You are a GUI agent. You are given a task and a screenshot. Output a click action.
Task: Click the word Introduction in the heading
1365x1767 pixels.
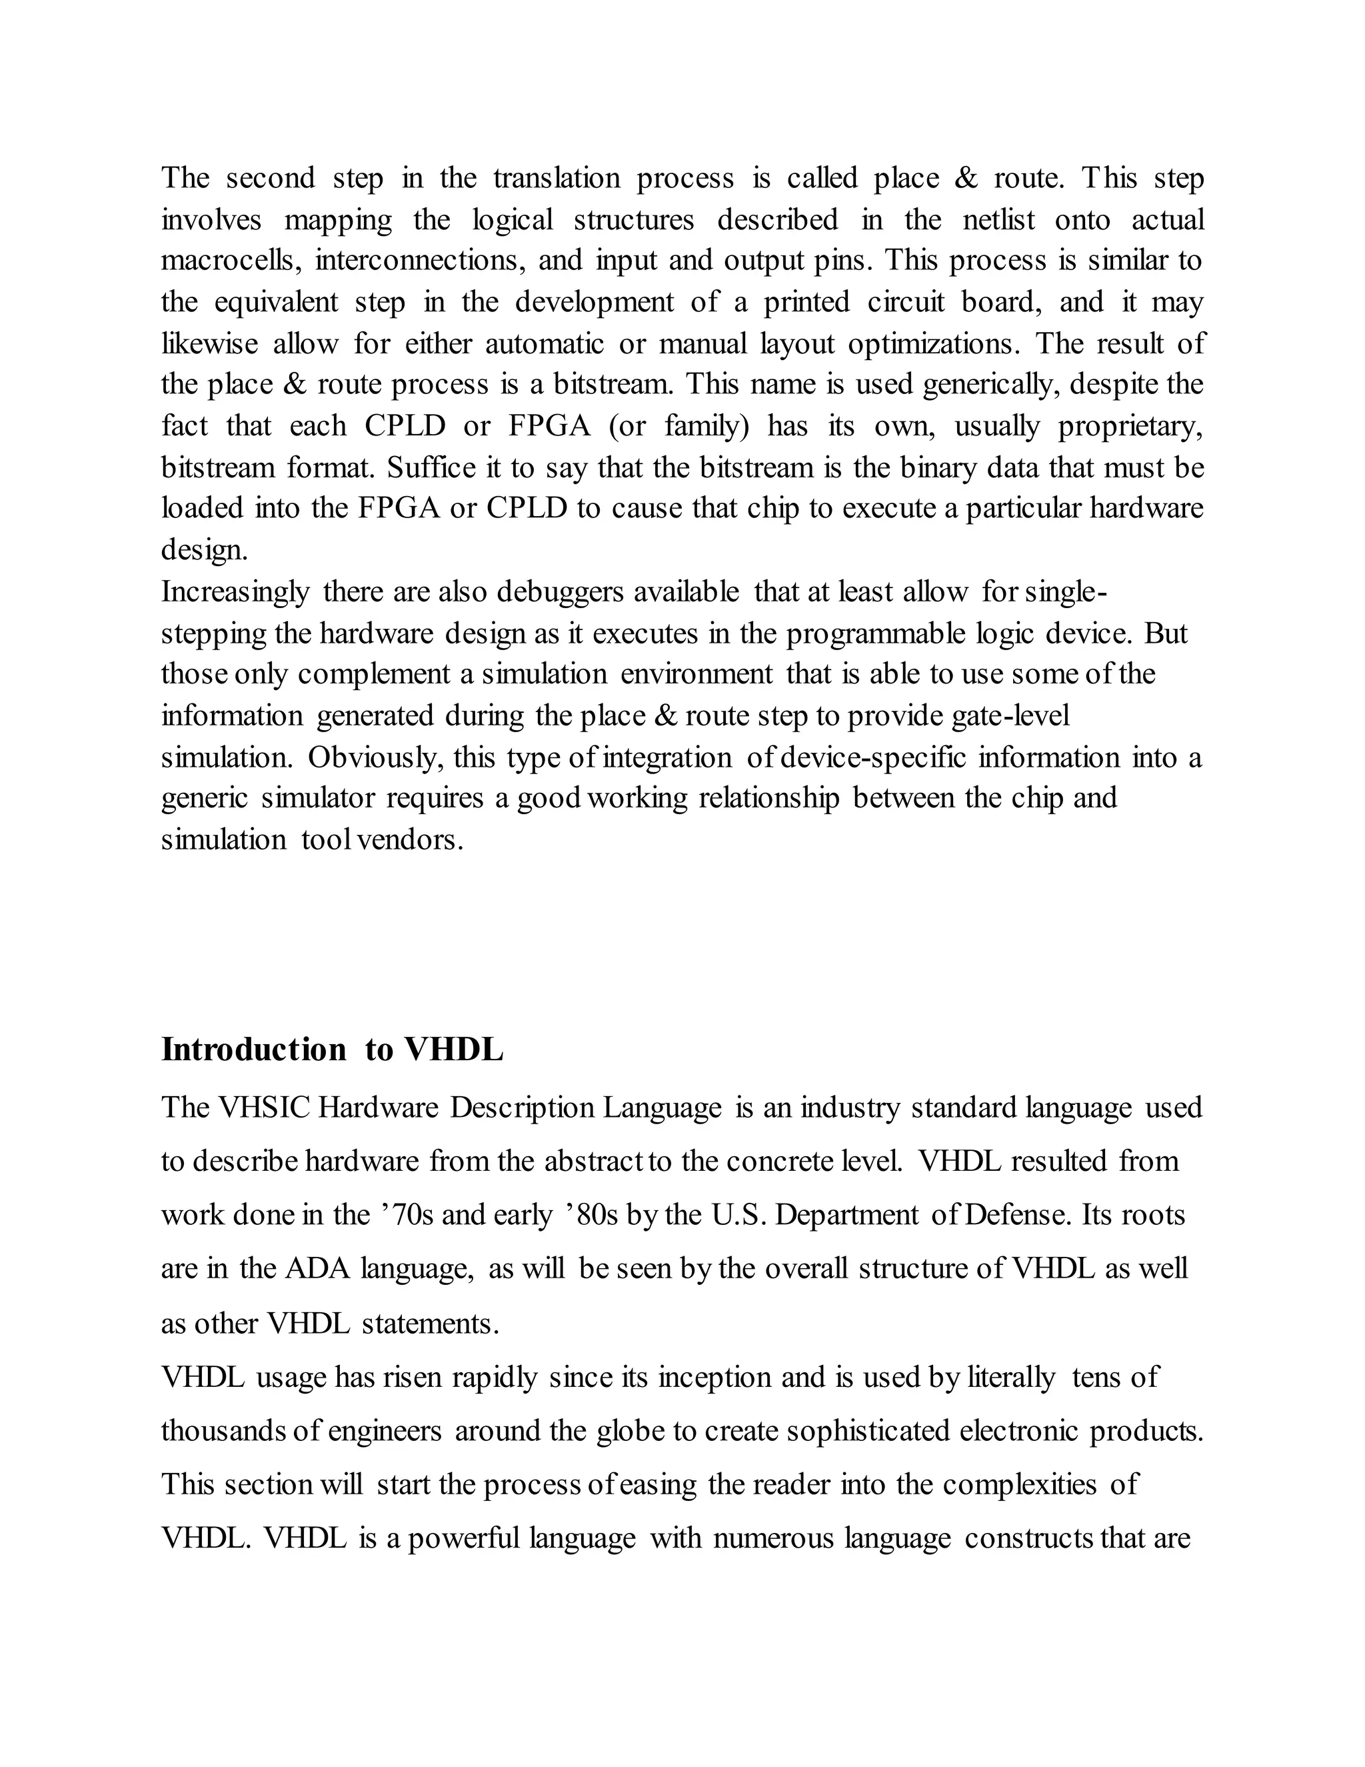coord(253,1050)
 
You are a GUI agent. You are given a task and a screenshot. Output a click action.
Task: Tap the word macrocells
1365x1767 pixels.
coord(229,261)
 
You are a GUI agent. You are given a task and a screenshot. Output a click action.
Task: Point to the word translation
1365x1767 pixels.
coord(557,178)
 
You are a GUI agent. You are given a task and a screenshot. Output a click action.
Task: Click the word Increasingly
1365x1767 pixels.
coord(235,591)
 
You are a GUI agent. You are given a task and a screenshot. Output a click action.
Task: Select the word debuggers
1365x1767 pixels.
coord(561,591)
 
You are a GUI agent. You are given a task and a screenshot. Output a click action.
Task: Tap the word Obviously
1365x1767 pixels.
coord(375,757)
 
